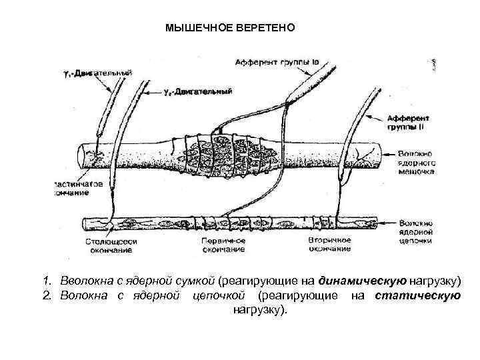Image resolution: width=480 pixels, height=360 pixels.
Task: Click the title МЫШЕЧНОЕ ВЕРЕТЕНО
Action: pos(229,29)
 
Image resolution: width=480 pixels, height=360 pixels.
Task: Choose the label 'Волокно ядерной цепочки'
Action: pos(417,230)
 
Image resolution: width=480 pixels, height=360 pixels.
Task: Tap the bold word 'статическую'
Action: pos(417,294)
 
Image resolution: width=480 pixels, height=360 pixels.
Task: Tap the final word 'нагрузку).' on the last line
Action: pos(259,310)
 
